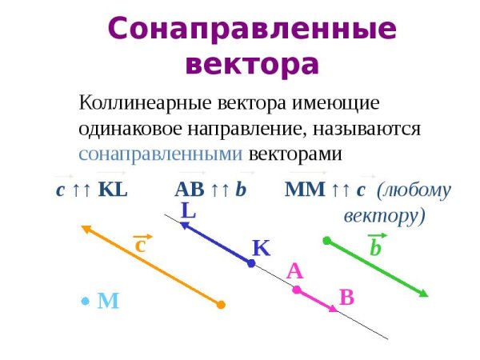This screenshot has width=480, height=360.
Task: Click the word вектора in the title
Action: (x=252, y=63)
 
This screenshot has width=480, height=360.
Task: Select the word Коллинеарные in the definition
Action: (x=139, y=103)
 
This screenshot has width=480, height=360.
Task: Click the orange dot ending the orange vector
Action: (x=222, y=305)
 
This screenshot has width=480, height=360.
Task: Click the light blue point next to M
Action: (x=85, y=302)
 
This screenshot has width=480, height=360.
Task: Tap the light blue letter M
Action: (x=108, y=301)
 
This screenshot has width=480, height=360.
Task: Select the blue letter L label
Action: (x=189, y=211)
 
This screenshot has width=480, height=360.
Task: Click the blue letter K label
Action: (x=261, y=248)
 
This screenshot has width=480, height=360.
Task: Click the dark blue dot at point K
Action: (x=251, y=262)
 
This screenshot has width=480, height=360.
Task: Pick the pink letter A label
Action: (x=294, y=271)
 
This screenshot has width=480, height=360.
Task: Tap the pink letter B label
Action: (x=346, y=298)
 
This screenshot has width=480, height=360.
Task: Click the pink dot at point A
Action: (x=296, y=290)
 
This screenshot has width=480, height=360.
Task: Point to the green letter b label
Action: (x=375, y=249)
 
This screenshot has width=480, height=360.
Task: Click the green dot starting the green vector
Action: (x=326, y=240)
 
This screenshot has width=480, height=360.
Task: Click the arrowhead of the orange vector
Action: (x=85, y=230)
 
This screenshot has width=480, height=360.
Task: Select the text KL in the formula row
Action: (x=113, y=190)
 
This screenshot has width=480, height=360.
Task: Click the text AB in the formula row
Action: (x=189, y=190)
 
